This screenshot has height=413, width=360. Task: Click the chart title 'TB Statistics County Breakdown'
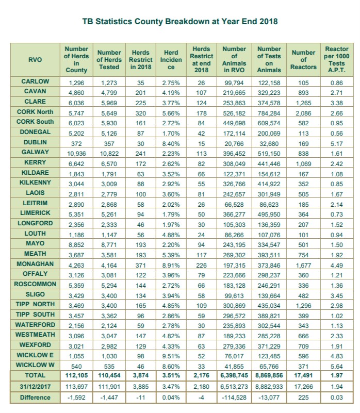coord(180,22)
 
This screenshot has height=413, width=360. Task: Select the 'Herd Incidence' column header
coord(171,60)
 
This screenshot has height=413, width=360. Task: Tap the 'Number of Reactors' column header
coord(303,60)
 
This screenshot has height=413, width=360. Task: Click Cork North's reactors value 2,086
coord(303,112)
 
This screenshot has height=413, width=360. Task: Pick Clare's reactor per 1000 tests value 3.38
coord(336,102)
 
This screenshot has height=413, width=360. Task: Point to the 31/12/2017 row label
coord(36,387)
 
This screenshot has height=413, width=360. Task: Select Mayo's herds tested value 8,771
coord(109,243)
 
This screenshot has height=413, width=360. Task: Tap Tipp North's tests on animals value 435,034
coord(269,304)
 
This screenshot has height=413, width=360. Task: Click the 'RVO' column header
coord(36,60)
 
